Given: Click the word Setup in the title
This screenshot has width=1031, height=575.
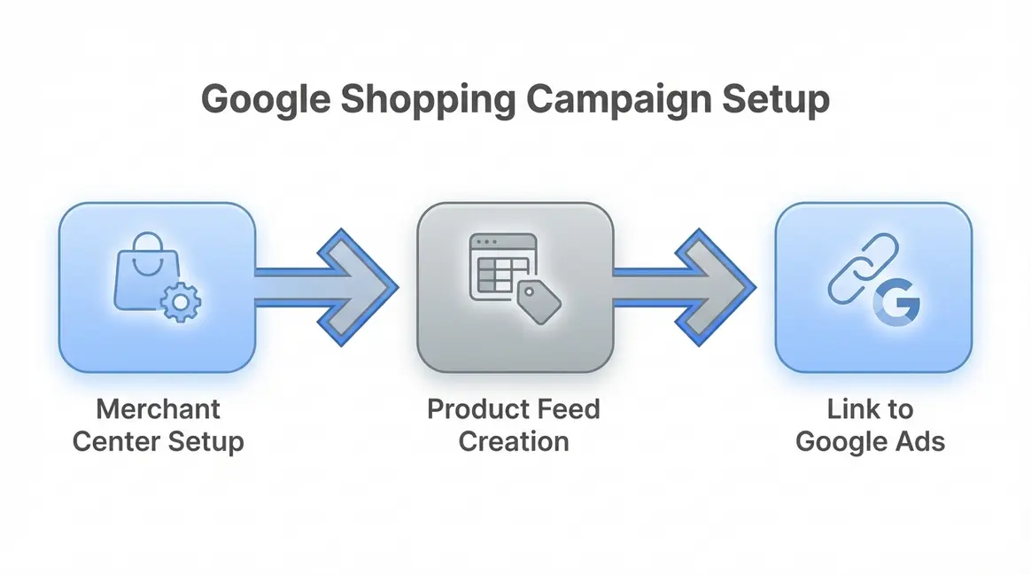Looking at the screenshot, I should pos(774,99).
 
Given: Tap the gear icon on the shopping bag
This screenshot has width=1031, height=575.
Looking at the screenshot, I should pos(182,303).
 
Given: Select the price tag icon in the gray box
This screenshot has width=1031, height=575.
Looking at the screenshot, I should pos(539,301).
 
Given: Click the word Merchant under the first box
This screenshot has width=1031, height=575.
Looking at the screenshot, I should pos(158,409).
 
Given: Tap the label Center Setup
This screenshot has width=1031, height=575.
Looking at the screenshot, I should pos(158,440).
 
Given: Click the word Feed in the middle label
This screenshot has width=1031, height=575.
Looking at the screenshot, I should pos(569,409).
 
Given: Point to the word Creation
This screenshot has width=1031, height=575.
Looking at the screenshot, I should pos(514,440).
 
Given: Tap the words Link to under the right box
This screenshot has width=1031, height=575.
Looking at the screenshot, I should pos(870,409).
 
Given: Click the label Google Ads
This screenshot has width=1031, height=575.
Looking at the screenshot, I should pos(870,440).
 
